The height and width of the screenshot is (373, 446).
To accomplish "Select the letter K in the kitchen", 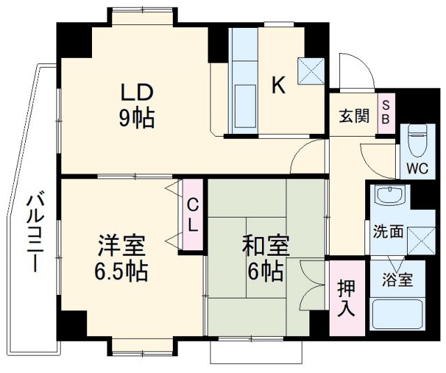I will click(x=278, y=85).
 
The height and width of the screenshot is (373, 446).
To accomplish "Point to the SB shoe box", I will click(x=385, y=112).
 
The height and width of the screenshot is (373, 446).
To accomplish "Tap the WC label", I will click(x=418, y=169).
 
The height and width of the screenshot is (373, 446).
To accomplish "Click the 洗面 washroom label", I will click(x=387, y=231).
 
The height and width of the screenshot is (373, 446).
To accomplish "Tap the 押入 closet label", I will click(x=346, y=298).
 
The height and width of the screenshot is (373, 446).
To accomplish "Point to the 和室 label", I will click(x=261, y=245).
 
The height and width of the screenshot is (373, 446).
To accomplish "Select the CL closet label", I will click(x=192, y=215).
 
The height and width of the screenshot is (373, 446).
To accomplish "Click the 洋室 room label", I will click(x=121, y=245).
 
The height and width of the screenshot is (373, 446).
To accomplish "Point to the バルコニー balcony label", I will click(x=34, y=234).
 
